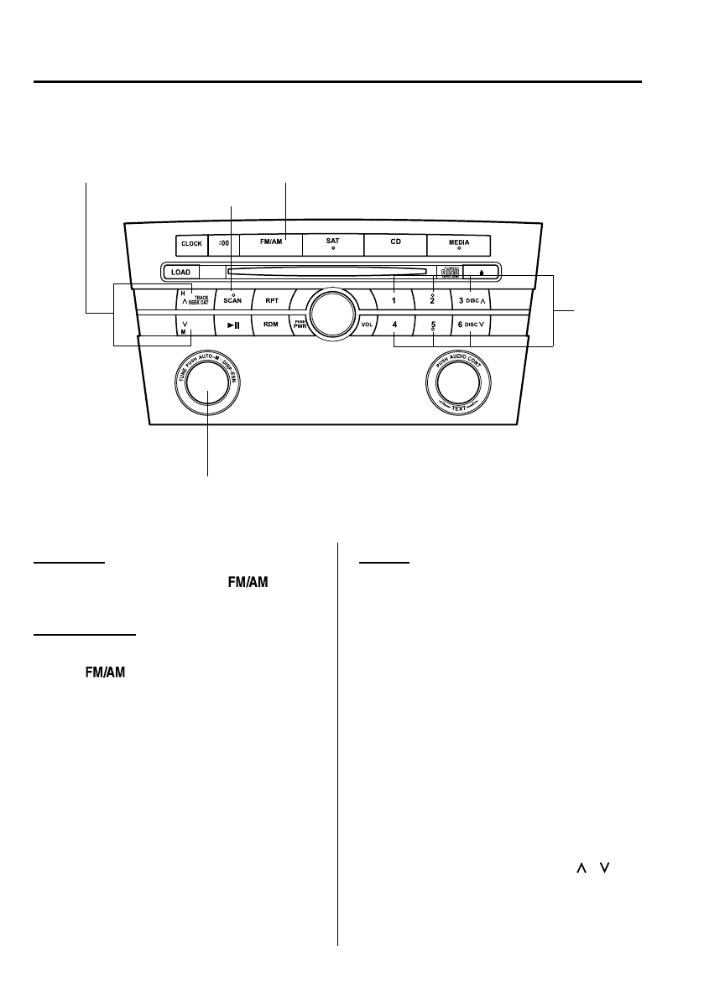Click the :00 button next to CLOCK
point(222,244)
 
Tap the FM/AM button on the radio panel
point(270,244)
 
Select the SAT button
point(332,244)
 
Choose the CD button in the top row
point(394,244)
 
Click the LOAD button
point(181,272)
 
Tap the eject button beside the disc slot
point(482,272)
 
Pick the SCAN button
point(232,299)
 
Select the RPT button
point(271,299)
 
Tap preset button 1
point(394,299)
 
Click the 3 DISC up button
point(472,299)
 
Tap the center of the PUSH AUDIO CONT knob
point(458,384)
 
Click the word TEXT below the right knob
point(458,408)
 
